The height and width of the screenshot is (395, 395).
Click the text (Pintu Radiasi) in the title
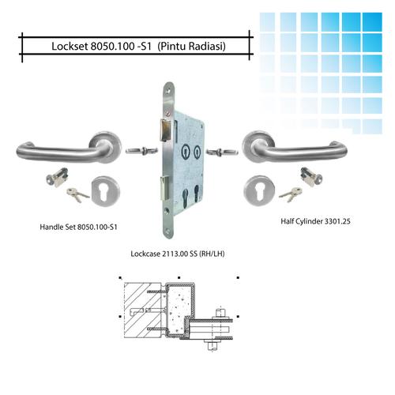pyautogui.click(x=192, y=46)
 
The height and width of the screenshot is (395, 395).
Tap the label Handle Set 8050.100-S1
pyautogui.click(x=78, y=227)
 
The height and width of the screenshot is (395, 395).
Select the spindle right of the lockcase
pyautogui.click(x=215, y=149)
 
